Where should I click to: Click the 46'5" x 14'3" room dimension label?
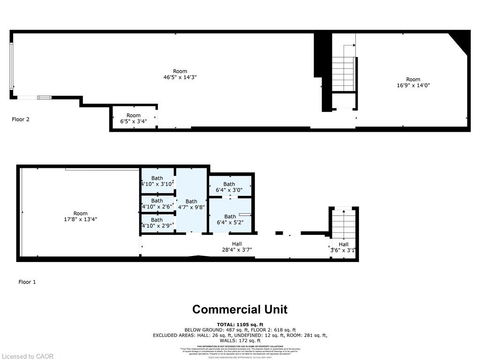180,78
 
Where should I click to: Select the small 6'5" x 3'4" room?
134,118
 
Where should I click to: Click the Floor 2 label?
21,119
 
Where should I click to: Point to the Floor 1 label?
27,282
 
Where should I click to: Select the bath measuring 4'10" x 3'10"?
157,181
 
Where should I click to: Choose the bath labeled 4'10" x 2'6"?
157,203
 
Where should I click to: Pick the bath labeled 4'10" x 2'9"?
157,223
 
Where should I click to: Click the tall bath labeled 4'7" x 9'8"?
191,205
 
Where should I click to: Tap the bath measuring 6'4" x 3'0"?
229,187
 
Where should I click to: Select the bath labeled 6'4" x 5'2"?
230,219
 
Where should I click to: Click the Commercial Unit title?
240,309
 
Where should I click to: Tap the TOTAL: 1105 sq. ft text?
240,324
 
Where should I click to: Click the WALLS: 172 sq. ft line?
240,341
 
